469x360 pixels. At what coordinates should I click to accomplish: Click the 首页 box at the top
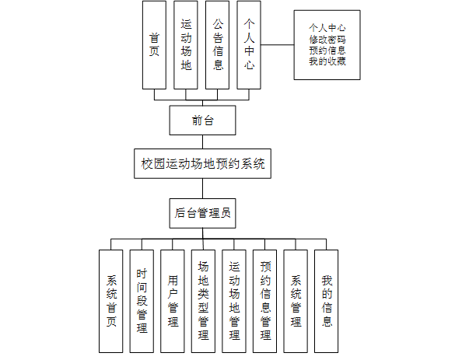coord(154,44)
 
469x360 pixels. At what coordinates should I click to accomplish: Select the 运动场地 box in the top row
coord(185,44)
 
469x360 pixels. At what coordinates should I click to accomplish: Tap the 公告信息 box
coord(218,44)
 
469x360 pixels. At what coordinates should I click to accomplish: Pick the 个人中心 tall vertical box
coord(248,44)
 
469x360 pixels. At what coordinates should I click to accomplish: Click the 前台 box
coord(202,120)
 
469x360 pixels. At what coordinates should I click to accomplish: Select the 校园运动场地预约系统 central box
coord(202,165)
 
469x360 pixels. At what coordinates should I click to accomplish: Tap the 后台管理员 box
coord(202,211)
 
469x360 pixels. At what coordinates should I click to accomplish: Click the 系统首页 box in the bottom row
coord(110,299)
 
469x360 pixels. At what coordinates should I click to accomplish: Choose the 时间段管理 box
coord(142,299)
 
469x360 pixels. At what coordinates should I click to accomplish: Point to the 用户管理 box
coord(173,299)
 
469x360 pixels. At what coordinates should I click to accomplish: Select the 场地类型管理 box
coord(203,299)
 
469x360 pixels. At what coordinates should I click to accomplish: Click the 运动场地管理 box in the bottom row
coord(234,299)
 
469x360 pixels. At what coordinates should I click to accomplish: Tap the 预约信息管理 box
coord(265,299)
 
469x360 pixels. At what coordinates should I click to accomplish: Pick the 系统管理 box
coord(296,299)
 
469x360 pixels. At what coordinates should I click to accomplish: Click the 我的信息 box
coord(327,299)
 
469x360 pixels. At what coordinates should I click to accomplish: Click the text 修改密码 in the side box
coord(327,39)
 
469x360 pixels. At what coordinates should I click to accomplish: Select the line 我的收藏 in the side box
coord(327,61)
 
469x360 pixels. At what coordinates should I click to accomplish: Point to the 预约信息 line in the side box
coord(327,50)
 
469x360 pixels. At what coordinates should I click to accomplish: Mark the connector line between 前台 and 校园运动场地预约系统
coord(202,142)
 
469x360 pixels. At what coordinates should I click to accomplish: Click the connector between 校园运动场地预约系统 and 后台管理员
coord(202,188)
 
